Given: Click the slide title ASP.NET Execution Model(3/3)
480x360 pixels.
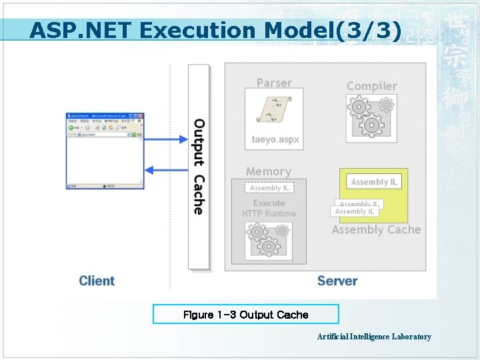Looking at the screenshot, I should pos(215,31).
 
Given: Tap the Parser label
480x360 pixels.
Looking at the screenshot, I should pos(274,83).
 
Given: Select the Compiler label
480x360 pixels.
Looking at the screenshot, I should pos(371,86).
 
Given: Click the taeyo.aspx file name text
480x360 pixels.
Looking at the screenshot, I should pos(275,140).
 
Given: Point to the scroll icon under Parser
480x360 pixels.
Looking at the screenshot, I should pos(273,109).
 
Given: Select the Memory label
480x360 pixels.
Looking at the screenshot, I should pos(268,171).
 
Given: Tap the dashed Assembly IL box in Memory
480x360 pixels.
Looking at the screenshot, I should pos(269,189).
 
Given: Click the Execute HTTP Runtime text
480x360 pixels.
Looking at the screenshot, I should pos(269,208).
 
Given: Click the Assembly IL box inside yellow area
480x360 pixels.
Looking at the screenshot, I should pos(374,182).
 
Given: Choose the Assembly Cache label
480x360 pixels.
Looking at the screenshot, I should pos(376,230).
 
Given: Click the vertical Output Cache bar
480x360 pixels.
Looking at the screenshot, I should pos(199,167).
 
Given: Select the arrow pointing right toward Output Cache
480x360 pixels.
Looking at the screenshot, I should pos(166,139).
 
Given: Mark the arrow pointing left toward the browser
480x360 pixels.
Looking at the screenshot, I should pos(166,169).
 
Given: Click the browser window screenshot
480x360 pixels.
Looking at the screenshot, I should pos(105,151).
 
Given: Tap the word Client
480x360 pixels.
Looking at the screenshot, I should pos(97,281).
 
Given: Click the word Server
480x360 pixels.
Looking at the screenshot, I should pos(337,281).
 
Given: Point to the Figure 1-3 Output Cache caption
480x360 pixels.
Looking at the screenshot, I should pos(245,315).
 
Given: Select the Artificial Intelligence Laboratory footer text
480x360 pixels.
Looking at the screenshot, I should pos(374,337).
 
